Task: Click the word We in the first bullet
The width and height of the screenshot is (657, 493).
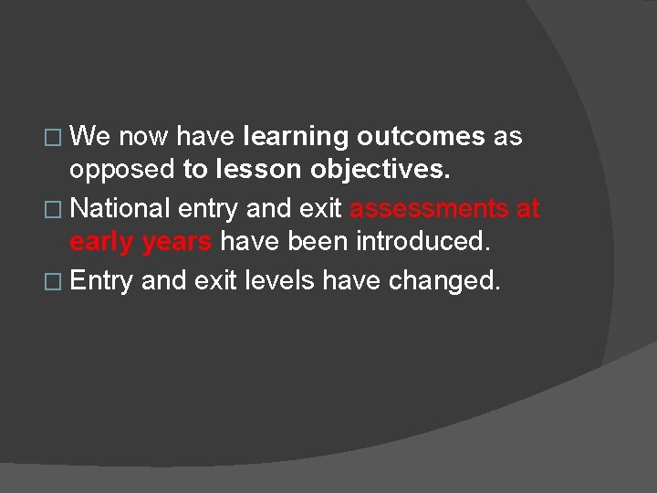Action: pos(90,137)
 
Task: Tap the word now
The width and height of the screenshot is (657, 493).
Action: pos(143,137)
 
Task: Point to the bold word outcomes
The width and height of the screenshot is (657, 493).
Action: pos(421,137)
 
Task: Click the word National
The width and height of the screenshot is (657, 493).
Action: pos(120,208)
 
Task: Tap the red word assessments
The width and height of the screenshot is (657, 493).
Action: pos(429,208)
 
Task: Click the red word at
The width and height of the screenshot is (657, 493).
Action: pos(527,208)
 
